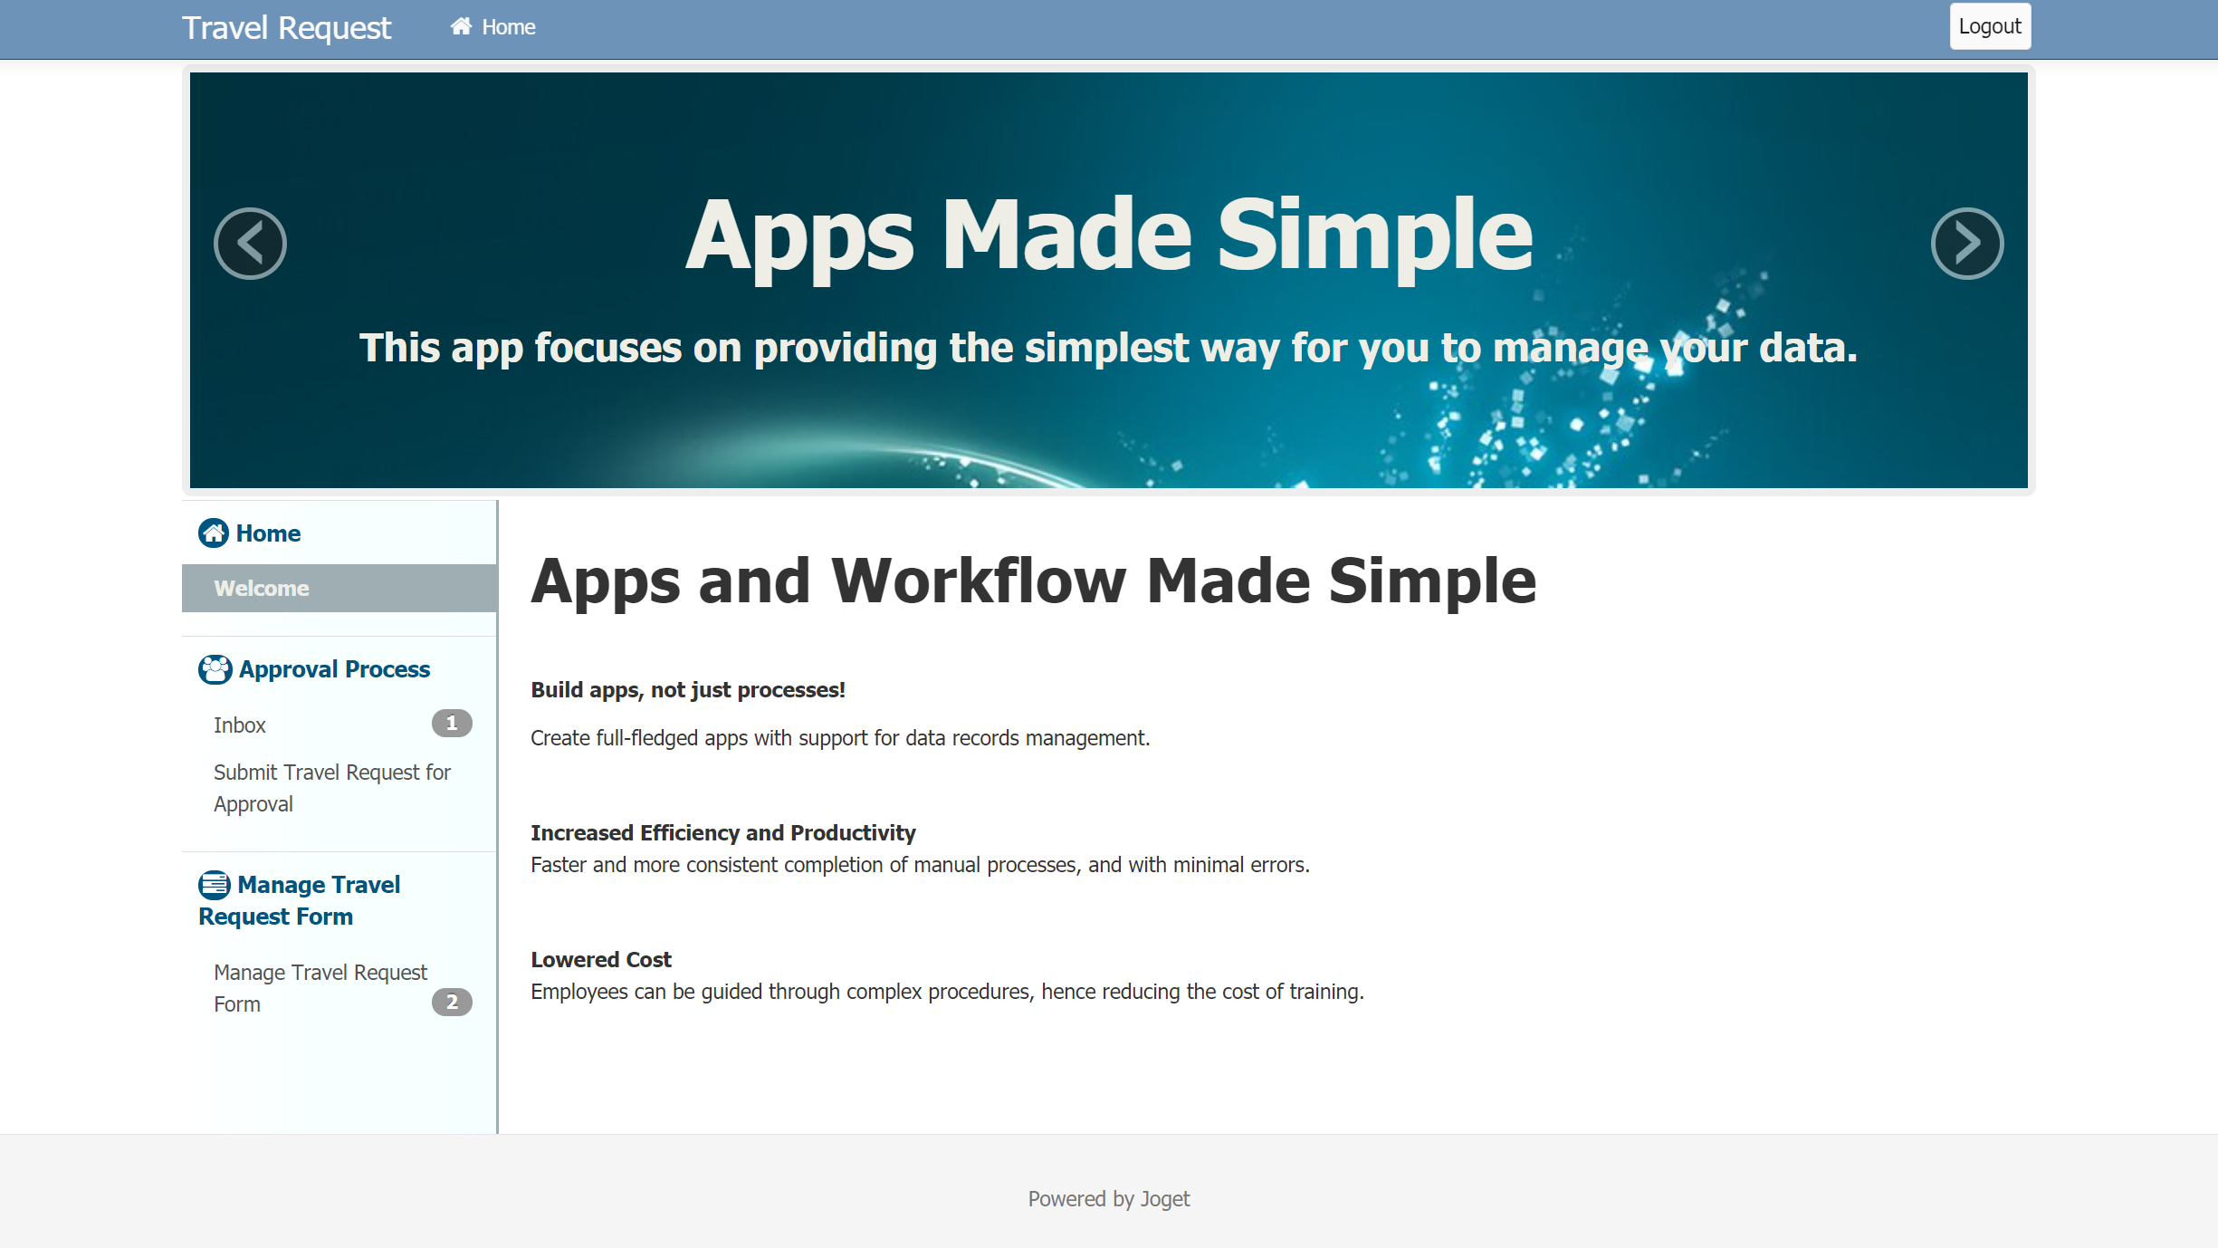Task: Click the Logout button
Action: [x=1990, y=27]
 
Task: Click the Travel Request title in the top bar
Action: [x=287, y=28]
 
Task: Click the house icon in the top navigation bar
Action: [x=462, y=26]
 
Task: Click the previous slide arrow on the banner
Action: [x=250, y=244]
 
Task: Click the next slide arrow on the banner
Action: [x=1967, y=244]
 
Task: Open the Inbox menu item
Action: [x=240, y=725]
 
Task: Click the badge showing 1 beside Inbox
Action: [x=452, y=724]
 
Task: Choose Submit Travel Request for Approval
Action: [x=332, y=788]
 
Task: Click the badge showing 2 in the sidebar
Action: [x=452, y=1003]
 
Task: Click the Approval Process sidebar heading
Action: [x=334, y=669]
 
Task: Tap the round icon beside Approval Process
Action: [x=215, y=669]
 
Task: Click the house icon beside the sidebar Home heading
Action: [x=214, y=533]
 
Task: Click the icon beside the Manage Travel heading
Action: [x=215, y=885]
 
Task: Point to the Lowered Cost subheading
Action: [x=601, y=959]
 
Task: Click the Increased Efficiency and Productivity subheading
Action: [x=723, y=832]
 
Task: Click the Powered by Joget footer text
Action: [x=1109, y=1199]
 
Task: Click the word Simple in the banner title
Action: [x=1375, y=237]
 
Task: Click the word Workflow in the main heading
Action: [x=979, y=581]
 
